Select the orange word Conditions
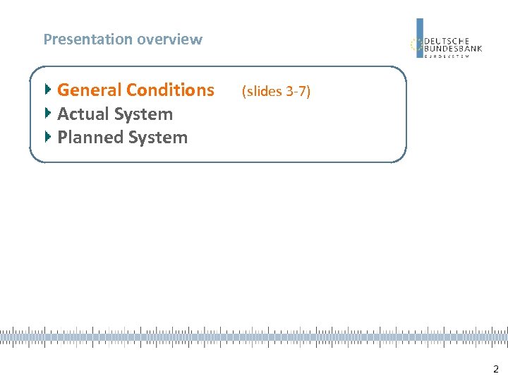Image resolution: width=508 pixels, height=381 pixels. (173, 90)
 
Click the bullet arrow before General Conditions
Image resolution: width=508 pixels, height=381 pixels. (48, 90)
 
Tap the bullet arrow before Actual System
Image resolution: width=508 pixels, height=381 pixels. (48, 113)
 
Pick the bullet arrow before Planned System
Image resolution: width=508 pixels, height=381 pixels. (48, 136)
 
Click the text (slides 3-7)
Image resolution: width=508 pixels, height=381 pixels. (276, 91)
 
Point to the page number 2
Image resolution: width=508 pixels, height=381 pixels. (496, 368)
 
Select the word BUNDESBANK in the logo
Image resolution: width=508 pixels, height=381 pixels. (453, 49)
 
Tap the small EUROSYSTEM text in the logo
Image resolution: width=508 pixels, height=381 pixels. (447, 56)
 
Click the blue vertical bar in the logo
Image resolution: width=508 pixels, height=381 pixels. (420, 37)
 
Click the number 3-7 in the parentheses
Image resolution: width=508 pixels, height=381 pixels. (297, 91)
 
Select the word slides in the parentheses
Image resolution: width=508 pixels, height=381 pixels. (263, 91)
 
